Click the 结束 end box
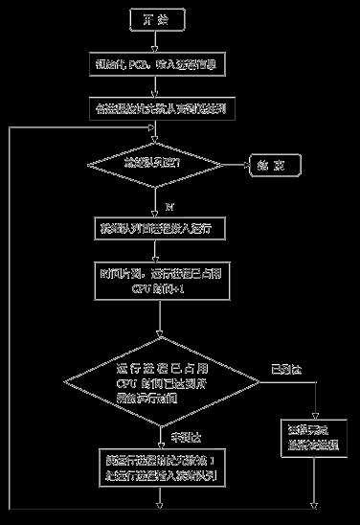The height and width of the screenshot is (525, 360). (276, 165)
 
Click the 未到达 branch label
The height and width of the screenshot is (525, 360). (182, 437)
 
